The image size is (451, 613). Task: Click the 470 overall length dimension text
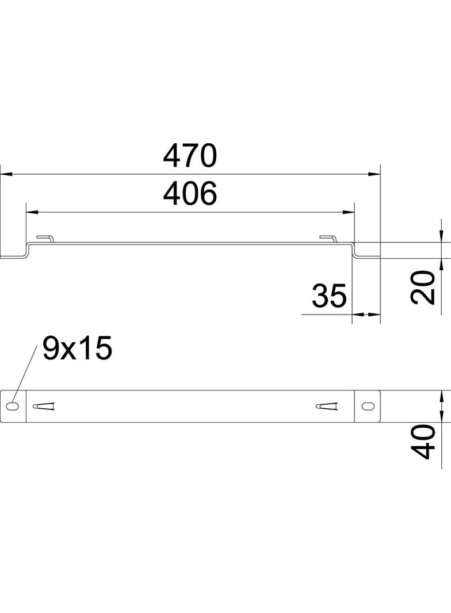(x=189, y=155)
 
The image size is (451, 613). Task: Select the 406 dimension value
(x=189, y=194)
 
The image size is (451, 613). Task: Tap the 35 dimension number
(x=329, y=296)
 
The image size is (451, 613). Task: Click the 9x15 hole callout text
(x=77, y=349)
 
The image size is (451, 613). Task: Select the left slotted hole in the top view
(x=13, y=407)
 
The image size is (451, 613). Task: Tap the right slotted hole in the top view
(x=367, y=407)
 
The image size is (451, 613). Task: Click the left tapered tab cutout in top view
(x=45, y=407)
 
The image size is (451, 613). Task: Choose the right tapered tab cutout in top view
(x=327, y=407)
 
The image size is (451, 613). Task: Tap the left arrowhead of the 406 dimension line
(x=32, y=213)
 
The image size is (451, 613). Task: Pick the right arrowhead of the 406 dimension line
(x=349, y=213)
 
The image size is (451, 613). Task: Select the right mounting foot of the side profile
(x=368, y=256)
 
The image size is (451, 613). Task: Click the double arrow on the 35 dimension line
(x=366, y=315)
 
